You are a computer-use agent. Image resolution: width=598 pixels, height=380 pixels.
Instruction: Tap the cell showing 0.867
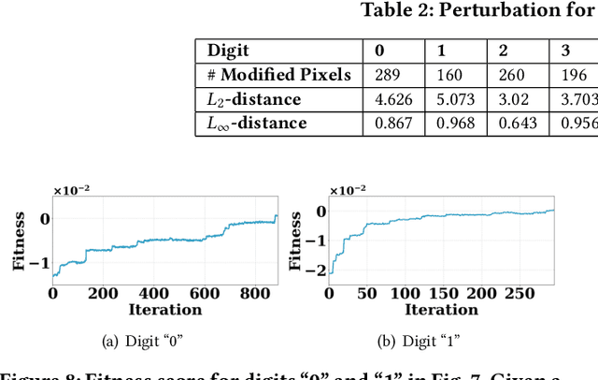pos(393,123)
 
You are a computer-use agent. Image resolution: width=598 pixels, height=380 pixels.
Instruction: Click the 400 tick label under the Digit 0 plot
pos(146,294)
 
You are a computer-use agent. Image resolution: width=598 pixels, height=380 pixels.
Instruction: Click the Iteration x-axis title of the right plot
pos(442,309)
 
